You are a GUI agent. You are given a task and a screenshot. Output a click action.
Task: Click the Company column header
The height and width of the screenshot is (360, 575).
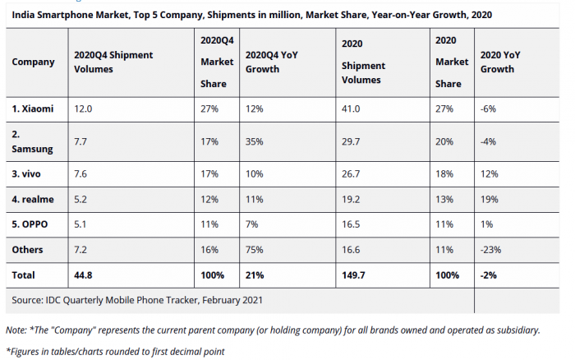pyautogui.click(x=34, y=62)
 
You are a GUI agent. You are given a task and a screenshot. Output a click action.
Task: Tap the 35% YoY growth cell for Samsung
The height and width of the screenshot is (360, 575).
pyautogui.click(x=255, y=141)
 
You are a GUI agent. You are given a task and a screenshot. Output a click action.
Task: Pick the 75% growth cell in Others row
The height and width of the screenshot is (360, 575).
pyautogui.click(x=255, y=248)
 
